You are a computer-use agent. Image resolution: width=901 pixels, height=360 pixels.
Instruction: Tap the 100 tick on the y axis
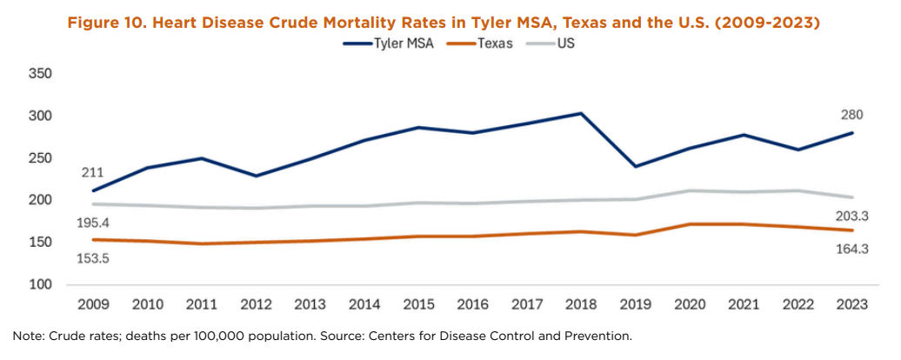coord(41,285)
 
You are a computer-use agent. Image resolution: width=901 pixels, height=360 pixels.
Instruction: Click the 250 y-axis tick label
coord(41,159)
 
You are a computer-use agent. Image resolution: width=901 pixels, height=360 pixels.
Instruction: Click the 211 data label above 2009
coord(93,172)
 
